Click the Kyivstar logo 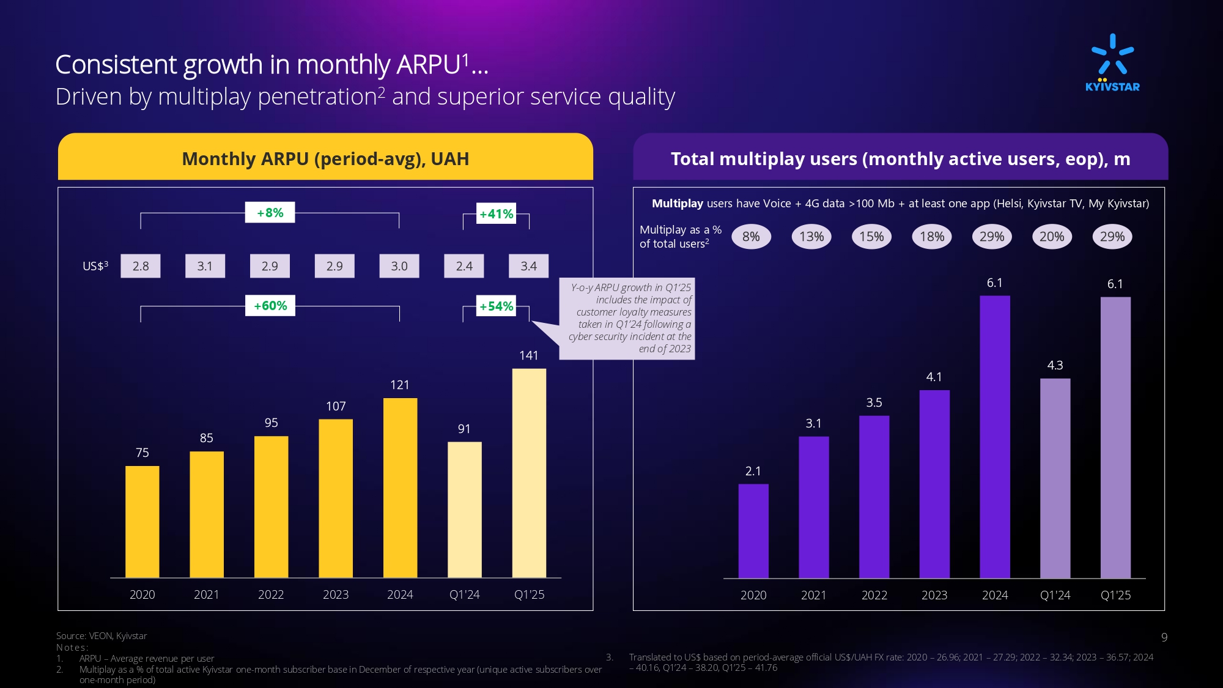pos(1112,62)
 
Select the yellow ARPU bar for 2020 pos(142,521)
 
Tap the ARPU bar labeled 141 pos(529,472)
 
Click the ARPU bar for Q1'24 pos(465,509)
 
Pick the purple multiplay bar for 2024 pos(995,437)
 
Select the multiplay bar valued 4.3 pos(1055,478)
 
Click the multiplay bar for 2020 pos(753,530)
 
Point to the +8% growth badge pos(270,213)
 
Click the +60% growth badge pos(270,306)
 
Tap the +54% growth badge pos(496,306)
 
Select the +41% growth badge pos(496,214)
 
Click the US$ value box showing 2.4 pos(464,266)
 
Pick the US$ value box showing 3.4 pos(529,266)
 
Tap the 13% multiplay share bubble pos(811,237)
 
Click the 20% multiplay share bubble pos(1052,237)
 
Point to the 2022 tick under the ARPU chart pos(271,594)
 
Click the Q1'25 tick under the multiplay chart pos(1115,595)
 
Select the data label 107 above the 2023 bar pos(336,406)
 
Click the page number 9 pos(1164,637)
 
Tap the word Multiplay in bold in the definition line pos(678,204)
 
